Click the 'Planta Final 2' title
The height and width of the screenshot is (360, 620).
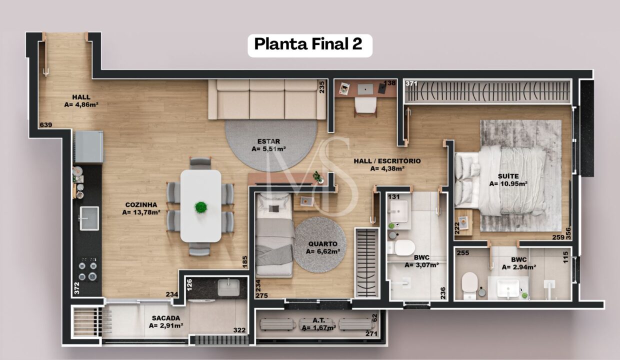click(308, 44)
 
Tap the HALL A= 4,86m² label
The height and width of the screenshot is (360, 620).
click(81, 100)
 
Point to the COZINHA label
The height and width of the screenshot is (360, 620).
click(141, 205)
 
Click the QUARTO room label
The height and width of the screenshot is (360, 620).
click(322, 244)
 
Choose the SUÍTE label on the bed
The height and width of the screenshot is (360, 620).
click(508, 176)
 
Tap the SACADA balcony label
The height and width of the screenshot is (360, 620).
click(166, 318)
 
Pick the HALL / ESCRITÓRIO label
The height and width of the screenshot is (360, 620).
click(387, 161)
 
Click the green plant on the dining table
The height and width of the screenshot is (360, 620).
click(201, 207)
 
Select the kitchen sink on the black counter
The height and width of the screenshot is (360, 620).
click(89, 218)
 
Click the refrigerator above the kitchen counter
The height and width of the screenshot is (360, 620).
click(89, 146)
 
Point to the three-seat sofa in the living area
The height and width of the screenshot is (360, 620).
click(267, 99)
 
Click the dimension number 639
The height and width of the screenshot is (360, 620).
click(45, 125)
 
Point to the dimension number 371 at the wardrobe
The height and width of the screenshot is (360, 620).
click(411, 83)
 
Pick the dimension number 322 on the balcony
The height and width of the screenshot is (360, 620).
click(239, 330)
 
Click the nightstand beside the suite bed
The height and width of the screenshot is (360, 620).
click(463, 222)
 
